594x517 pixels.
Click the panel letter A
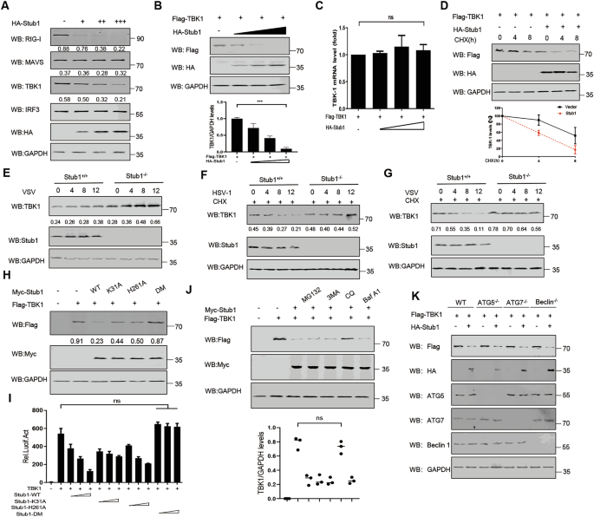(6, 7)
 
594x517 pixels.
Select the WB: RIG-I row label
(26, 36)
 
